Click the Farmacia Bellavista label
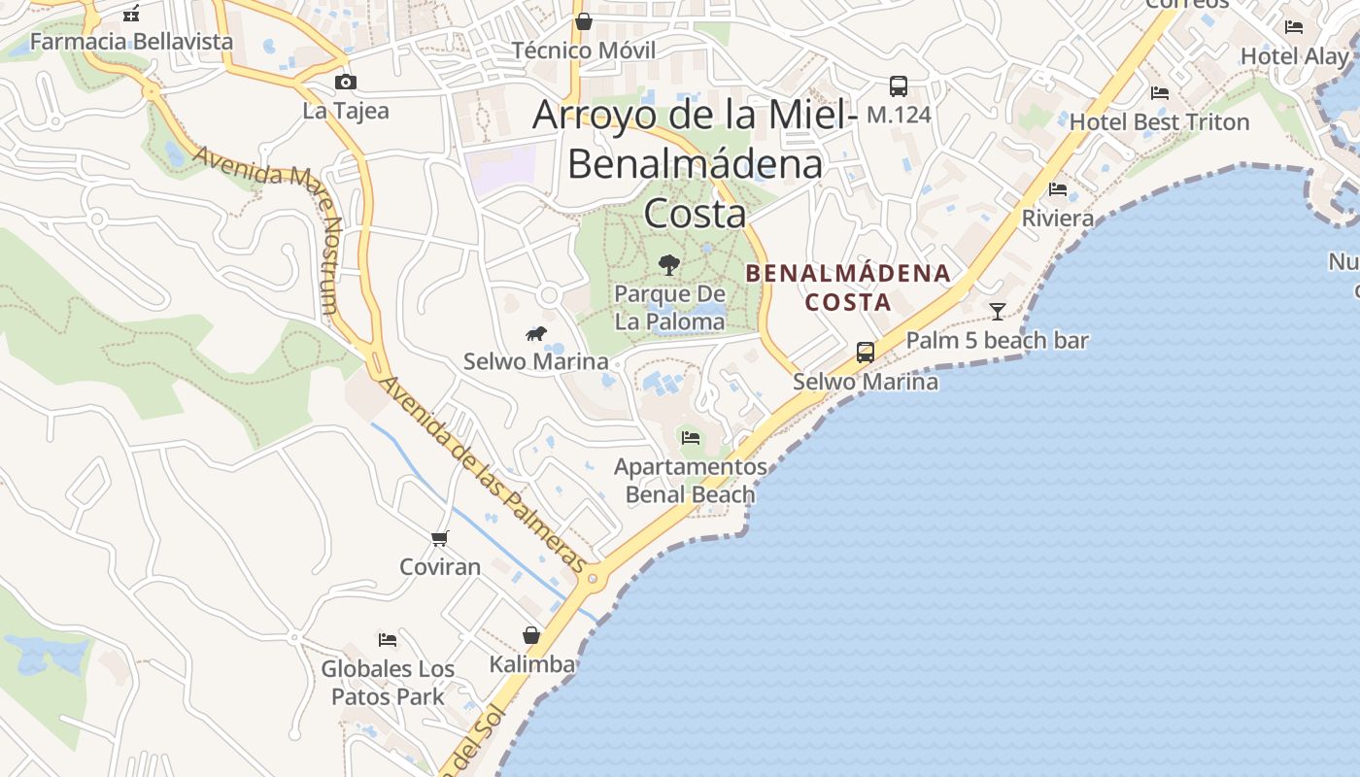click(x=132, y=42)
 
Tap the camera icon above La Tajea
click(x=345, y=83)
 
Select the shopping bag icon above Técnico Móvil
click(x=584, y=21)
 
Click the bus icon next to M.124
click(x=899, y=86)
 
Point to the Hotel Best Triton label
click(x=1159, y=122)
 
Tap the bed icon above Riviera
click(x=1058, y=189)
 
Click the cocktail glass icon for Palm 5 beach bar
click(x=998, y=312)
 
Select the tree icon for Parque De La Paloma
click(x=668, y=264)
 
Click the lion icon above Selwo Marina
click(x=535, y=334)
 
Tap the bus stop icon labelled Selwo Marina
click(x=866, y=353)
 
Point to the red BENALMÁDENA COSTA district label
click(x=848, y=287)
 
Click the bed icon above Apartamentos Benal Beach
click(x=691, y=438)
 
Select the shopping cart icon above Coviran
click(x=440, y=538)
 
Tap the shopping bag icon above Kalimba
click(x=531, y=635)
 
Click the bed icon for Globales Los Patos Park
click(x=388, y=640)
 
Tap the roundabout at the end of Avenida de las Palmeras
click(x=593, y=579)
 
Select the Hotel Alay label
click(x=1294, y=56)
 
